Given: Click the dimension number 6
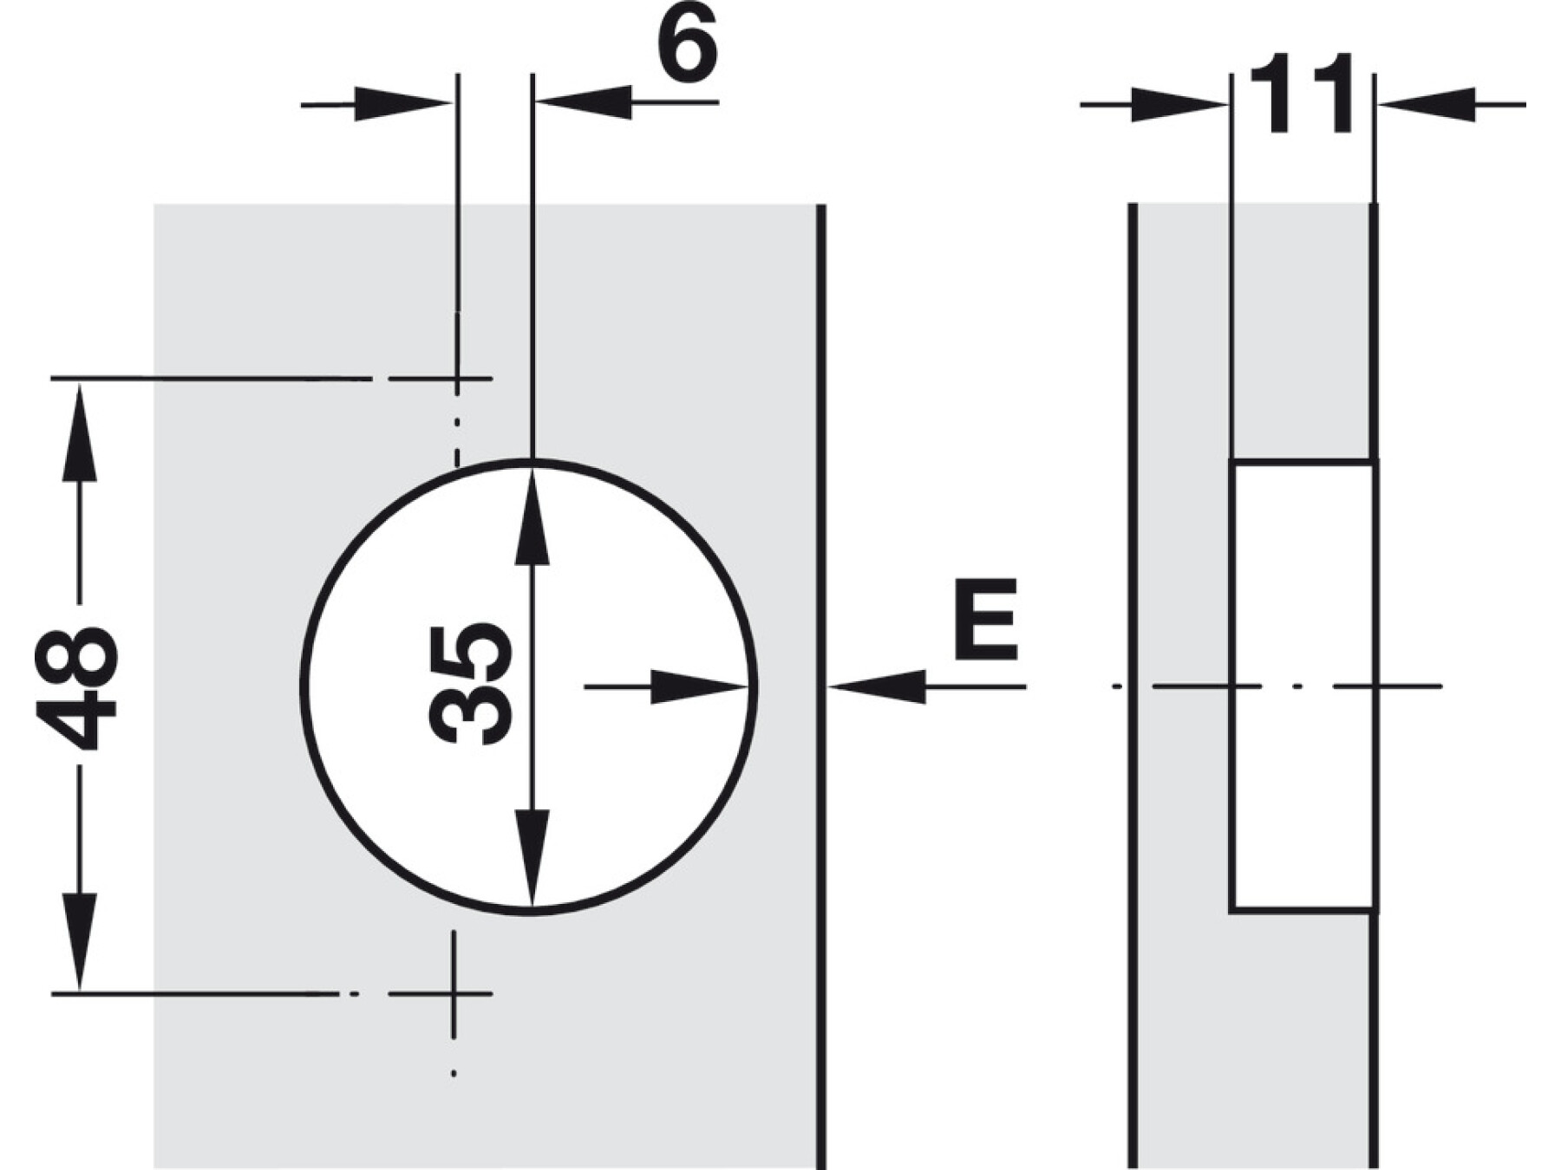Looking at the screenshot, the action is (x=687, y=43).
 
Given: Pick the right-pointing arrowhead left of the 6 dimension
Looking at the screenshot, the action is (x=403, y=104).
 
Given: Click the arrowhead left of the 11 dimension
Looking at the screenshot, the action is (x=1179, y=105).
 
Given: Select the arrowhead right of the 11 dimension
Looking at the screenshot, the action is (x=1427, y=105).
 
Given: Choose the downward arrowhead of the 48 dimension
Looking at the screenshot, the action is (x=80, y=941).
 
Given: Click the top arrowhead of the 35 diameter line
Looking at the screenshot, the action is (x=532, y=517).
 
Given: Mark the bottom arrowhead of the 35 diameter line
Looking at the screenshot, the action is (x=532, y=858).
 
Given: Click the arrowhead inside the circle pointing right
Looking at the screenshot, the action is (x=699, y=687).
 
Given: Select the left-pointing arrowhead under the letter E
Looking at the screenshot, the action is (x=878, y=687).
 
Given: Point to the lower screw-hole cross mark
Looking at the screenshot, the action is (x=454, y=993).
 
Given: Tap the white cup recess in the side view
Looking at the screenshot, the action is (x=1301, y=686).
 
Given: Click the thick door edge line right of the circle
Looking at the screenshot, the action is (x=821, y=686).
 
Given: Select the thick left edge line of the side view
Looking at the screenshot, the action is (x=1133, y=686).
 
